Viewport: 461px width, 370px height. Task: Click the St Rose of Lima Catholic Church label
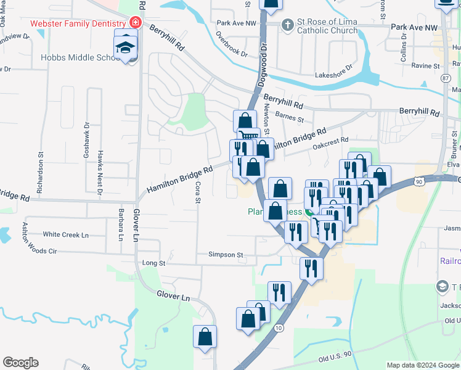(327, 26)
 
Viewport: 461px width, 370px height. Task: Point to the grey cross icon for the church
(287, 25)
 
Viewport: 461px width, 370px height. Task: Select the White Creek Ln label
(66, 235)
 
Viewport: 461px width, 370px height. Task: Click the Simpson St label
(226, 255)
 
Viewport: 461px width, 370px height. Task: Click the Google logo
(20, 363)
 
